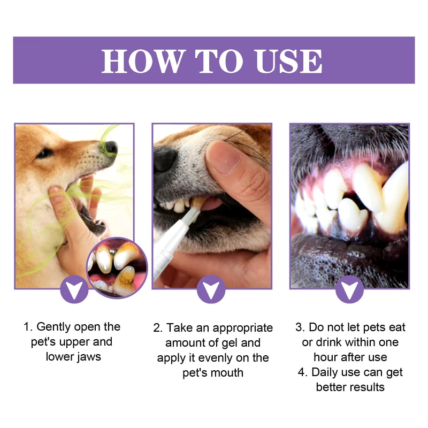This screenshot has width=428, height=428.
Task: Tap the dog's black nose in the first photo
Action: click(110, 147)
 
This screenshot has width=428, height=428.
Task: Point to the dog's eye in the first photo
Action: click(45, 153)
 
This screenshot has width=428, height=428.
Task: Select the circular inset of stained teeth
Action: click(117, 267)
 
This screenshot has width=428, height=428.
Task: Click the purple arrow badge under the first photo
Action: click(74, 289)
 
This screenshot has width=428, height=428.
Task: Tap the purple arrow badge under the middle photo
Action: click(211, 289)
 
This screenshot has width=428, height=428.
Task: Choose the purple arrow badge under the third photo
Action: click(349, 289)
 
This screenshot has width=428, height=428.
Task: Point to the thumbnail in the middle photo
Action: click(221, 158)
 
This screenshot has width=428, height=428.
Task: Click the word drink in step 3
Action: click(335, 342)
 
